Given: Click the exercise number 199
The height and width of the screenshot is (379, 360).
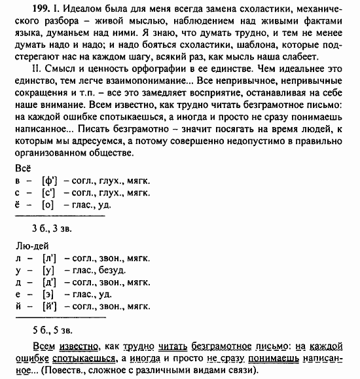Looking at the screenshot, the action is [x=24, y=7].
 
